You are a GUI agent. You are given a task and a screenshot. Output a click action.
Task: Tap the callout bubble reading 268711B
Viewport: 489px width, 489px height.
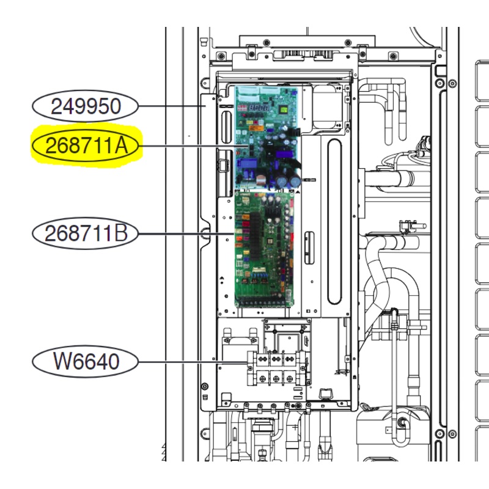pyautogui.click(x=86, y=233)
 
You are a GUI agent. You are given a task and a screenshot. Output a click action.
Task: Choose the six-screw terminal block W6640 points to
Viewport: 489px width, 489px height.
pyautogui.click(x=276, y=369)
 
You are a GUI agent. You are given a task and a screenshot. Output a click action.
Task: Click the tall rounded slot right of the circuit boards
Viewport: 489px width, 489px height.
pyautogui.click(x=334, y=220)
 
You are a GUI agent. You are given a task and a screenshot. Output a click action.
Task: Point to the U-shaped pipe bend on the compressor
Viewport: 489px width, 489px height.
pyautogui.click(x=400, y=431)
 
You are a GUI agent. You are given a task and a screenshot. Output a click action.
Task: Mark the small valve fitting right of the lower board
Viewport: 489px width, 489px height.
pyautogui.click(x=404, y=227)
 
